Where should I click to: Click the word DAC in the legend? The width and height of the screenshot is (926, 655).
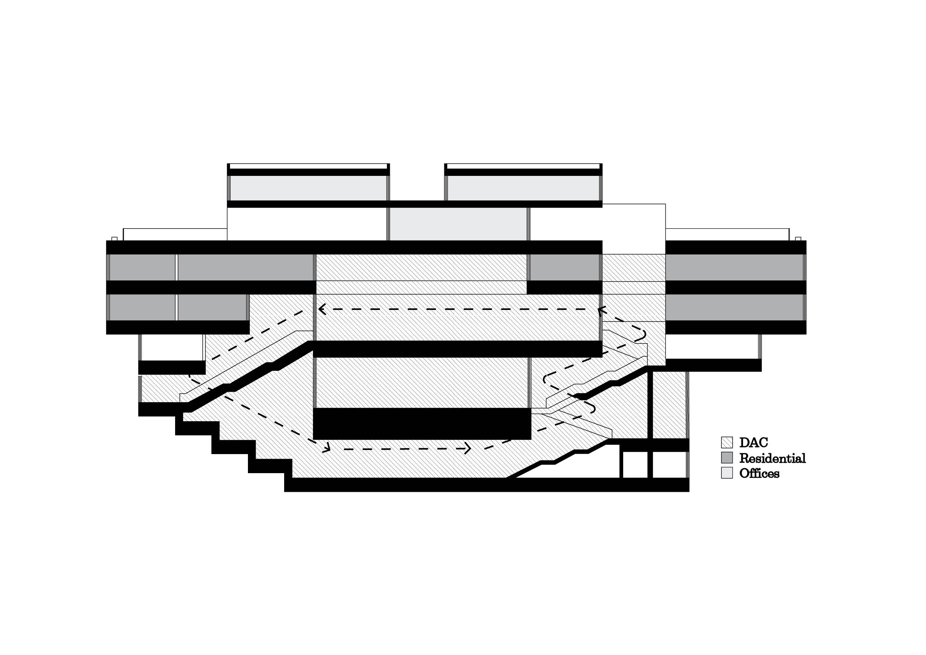coord(753,443)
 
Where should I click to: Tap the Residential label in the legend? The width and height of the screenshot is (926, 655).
coord(772,458)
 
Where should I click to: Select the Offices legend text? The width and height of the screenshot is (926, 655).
coord(759,474)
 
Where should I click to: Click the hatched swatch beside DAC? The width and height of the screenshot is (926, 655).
coord(727,443)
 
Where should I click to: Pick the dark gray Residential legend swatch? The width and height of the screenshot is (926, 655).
coord(727,458)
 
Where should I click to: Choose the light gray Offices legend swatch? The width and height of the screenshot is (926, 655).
coord(727,473)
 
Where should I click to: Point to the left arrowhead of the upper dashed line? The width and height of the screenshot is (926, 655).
coord(321,309)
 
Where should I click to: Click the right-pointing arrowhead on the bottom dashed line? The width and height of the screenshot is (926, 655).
coord(468,448)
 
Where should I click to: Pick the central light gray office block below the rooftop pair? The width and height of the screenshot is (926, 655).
coord(458,224)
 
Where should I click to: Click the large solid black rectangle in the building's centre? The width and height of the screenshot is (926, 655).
coord(422,423)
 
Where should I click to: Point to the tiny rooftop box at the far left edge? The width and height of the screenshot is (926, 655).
coord(115,239)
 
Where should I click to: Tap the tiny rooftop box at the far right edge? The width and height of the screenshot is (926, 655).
coord(798,239)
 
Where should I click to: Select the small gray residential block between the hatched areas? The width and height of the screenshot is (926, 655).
coord(564,267)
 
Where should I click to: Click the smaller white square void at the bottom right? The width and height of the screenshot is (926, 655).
coord(635,465)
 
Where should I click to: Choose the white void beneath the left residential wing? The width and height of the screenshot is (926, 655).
coord(172,347)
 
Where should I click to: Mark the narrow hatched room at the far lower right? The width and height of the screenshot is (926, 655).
coord(669,404)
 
